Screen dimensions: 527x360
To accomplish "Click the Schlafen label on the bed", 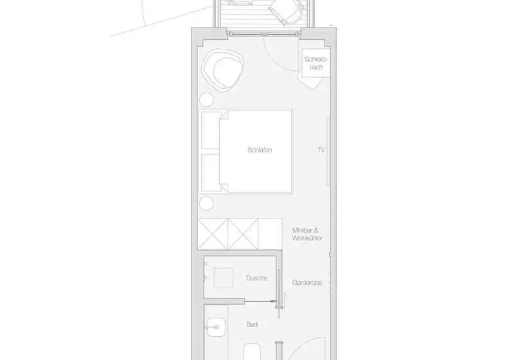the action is [260, 150].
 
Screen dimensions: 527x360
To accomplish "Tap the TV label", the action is [321, 150].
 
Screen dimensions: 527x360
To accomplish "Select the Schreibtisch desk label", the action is [316, 63].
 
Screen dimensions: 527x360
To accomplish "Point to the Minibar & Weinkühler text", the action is [307, 234].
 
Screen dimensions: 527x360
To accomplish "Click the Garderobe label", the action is [307, 283].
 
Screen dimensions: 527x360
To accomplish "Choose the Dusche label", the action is [257, 278].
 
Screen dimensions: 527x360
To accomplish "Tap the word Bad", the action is [252, 325].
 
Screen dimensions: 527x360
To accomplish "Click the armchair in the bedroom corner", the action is [222, 69].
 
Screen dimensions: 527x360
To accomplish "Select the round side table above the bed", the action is [206, 100].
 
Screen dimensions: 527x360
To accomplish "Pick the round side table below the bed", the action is [206, 204].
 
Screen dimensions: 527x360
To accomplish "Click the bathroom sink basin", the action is [215, 327].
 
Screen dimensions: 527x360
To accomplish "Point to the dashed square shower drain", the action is [224, 278].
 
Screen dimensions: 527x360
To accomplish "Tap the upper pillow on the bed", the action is [210, 130].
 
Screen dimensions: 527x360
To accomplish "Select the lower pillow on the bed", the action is [210, 173].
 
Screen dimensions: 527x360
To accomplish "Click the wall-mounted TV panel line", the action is [328, 151].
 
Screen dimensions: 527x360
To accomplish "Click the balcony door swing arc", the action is [273, 60].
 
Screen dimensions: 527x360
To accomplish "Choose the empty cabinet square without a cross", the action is [270, 234].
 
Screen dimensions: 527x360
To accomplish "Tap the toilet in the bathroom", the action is [252, 352].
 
